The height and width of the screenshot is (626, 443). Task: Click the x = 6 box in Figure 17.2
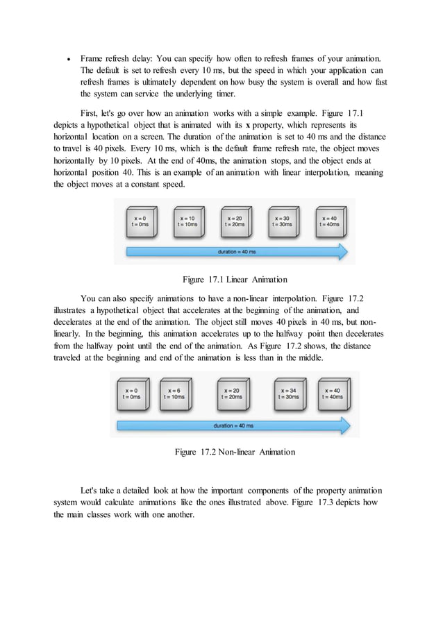pos(176,394)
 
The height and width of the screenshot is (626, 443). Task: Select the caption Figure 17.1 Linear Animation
pos(235,280)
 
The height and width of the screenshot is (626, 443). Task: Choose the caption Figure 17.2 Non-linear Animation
pos(235,452)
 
